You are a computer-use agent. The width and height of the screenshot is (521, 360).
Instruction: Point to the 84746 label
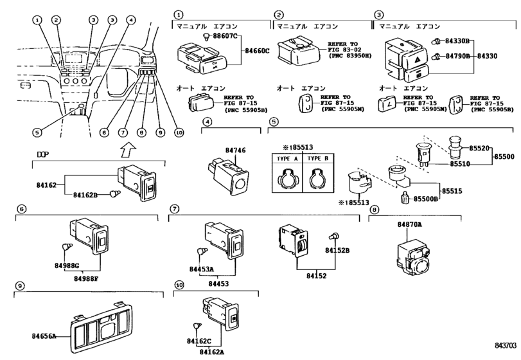[235, 150]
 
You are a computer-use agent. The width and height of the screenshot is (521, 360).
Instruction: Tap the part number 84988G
[66, 265]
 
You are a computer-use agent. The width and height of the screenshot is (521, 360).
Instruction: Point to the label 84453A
[202, 269]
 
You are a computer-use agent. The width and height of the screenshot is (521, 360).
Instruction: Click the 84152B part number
[337, 251]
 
